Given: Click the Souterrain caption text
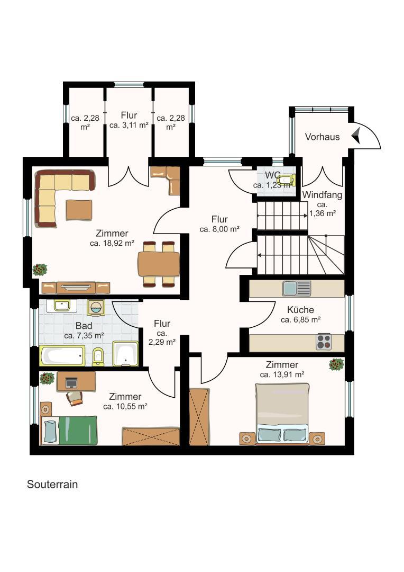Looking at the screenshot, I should pyautogui.click(x=52, y=484).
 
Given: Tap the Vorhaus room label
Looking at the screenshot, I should pyautogui.click(x=322, y=137).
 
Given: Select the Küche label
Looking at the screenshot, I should pyautogui.click(x=300, y=310).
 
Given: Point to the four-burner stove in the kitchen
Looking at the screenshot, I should pyautogui.click(x=324, y=342).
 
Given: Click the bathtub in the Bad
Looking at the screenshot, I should pyautogui.click(x=62, y=355).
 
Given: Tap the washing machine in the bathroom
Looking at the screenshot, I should pyautogui.click(x=96, y=308).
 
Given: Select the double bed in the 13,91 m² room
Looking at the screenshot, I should pyautogui.click(x=282, y=414).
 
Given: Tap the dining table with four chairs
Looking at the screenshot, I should pyautogui.click(x=159, y=264).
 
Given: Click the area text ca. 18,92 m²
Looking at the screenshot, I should pyautogui.click(x=112, y=244).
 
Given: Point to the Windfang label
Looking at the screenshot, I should pyautogui.click(x=322, y=195).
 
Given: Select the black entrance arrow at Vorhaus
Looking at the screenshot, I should pyautogui.click(x=356, y=134).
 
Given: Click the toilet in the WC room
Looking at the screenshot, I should pyautogui.click(x=286, y=180).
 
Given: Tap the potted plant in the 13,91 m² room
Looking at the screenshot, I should pyautogui.click(x=336, y=364).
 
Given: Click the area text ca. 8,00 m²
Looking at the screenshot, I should pyautogui.click(x=219, y=229).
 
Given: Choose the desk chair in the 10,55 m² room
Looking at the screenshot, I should pyautogui.click(x=74, y=397).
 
